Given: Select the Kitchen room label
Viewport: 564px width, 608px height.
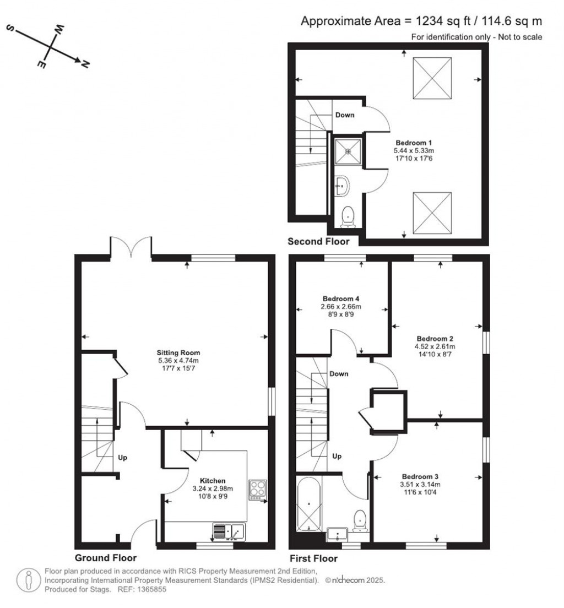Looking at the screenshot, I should point(212,481).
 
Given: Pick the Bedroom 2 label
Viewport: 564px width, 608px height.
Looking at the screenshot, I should point(435,338).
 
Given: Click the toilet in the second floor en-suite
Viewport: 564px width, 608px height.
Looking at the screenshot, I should point(348,216).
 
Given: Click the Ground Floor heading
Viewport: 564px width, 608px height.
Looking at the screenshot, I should point(105,558).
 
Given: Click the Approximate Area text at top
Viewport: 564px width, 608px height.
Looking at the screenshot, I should point(421,21).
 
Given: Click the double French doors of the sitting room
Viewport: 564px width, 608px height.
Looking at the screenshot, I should point(131,247).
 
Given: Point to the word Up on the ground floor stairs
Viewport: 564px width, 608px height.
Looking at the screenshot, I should point(122,458).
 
